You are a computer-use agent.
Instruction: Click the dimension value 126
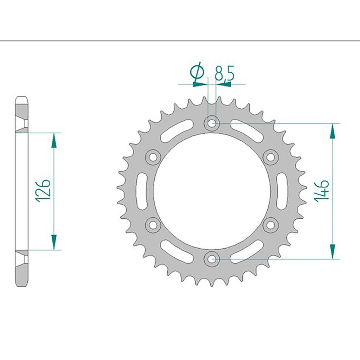coord(43,191)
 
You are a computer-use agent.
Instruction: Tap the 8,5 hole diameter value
coord(224,73)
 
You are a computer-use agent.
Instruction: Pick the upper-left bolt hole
coord(153,157)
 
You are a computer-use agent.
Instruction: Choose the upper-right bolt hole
coord(270,157)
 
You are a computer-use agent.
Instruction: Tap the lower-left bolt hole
coord(153,225)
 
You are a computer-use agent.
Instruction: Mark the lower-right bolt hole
coord(270,225)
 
